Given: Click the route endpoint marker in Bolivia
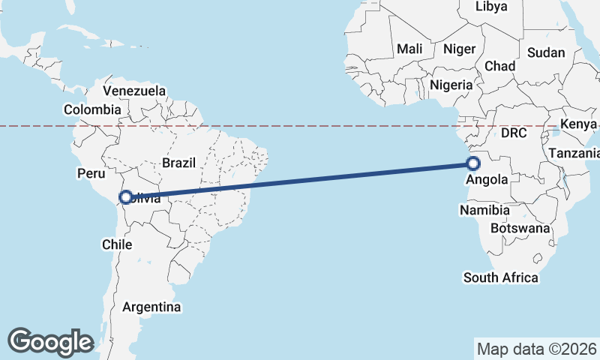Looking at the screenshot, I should click(x=126, y=198).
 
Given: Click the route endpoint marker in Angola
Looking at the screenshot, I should click(x=473, y=163).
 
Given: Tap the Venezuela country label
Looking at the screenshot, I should click(x=134, y=91).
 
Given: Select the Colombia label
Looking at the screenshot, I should click(x=92, y=109).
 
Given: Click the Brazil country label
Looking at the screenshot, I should click(x=178, y=162).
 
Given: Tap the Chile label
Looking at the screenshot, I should click(x=116, y=244).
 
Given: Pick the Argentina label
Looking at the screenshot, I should click(x=151, y=307).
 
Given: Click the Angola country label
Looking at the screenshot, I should click(x=487, y=180).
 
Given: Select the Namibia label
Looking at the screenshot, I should click(x=484, y=211).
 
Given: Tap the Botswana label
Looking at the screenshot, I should click(x=520, y=228).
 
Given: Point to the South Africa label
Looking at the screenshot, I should click(x=500, y=277).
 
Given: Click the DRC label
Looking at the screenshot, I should click(x=514, y=133).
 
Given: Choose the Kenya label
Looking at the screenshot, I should click(x=578, y=124).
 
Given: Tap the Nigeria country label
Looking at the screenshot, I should click(x=451, y=85).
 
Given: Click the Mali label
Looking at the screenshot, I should click(x=409, y=49).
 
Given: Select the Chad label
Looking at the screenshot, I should click(x=499, y=66).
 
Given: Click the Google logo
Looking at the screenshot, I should click(x=50, y=342).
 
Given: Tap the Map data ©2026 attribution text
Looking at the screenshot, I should click(x=537, y=349).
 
